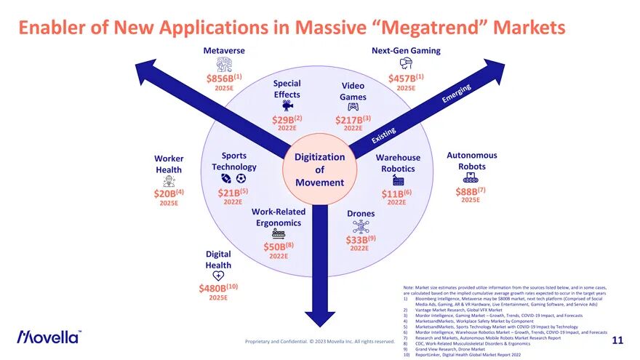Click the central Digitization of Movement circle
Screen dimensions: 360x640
click(x=319, y=169)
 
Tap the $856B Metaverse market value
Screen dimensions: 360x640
click(x=223, y=78)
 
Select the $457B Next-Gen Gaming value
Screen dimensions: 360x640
click(x=405, y=78)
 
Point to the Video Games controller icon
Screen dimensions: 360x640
click(x=353, y=107)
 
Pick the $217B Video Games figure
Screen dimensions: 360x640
click(x=353, y=119)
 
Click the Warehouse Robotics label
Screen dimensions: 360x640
click(x=398, y=163)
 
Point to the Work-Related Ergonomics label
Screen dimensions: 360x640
click(x=279, y=217)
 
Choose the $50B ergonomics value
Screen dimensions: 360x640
click(x=278, y=247)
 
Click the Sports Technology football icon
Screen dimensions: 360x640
click(x=226, y=178)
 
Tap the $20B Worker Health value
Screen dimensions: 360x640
click(x=168, y=193)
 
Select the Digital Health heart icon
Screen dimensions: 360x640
click(x=218, y=276)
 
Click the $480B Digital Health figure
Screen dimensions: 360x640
click(x=218, y=288)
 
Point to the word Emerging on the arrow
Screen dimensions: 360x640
click(x=457, y=94)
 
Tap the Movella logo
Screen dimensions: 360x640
click(x=49, y=337)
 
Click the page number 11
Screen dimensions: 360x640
click(x=617, y=340)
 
